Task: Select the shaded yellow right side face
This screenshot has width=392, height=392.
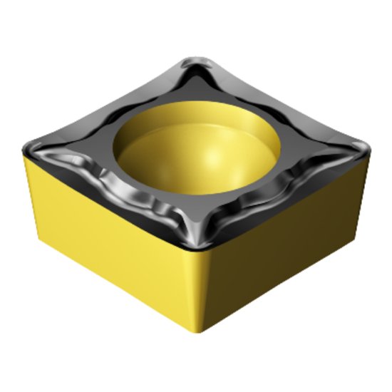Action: point(285,235)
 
